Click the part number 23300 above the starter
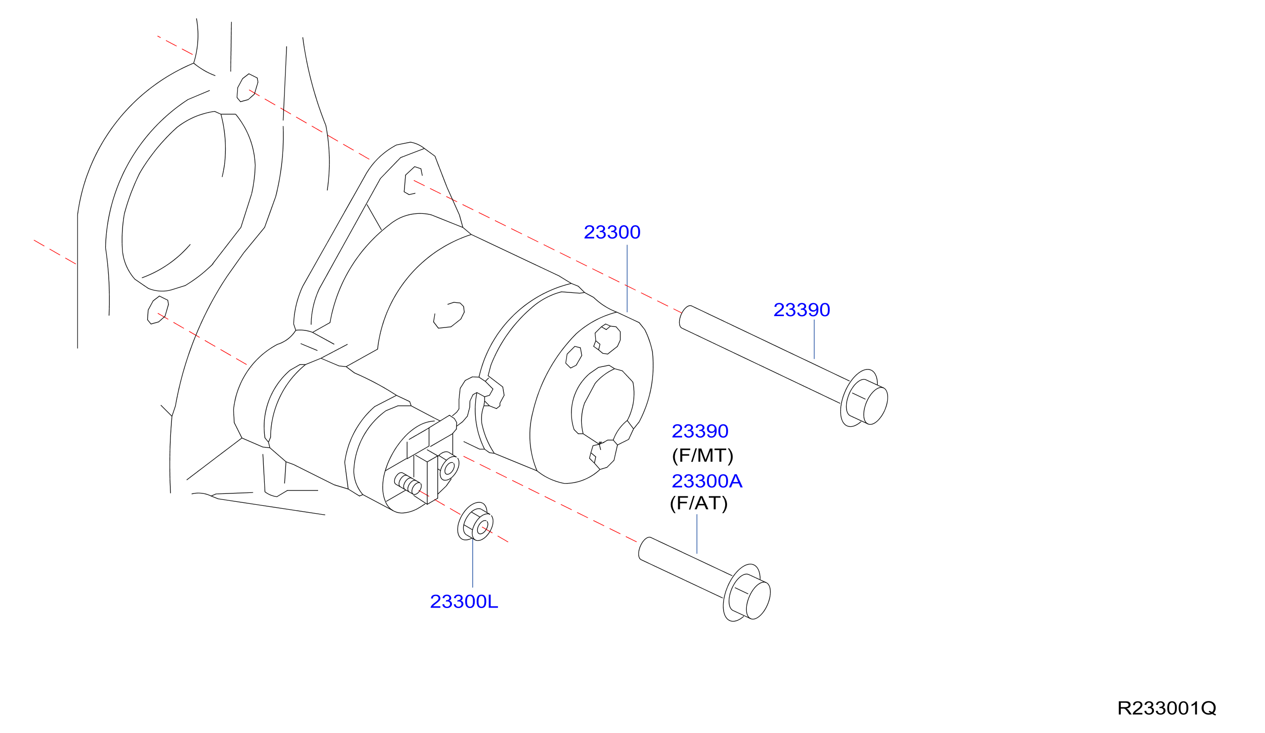tap(612, 233)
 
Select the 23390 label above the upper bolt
tap(802, 310)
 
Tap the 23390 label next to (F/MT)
tap(700, 431)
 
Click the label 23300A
tap(707, 482)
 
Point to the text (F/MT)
tap(703, 456)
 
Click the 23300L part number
tap(464, 602)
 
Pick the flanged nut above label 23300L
tap(475, 522)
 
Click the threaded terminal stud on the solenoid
tap(408, 484)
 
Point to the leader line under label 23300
tap(627, 279)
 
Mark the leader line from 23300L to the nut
tap(472, 563)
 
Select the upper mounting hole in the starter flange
tap(412, 181)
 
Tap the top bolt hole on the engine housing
tap(247, 88)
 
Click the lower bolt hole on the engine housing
tap(158, 310)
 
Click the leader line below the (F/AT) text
tap(697, 534)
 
